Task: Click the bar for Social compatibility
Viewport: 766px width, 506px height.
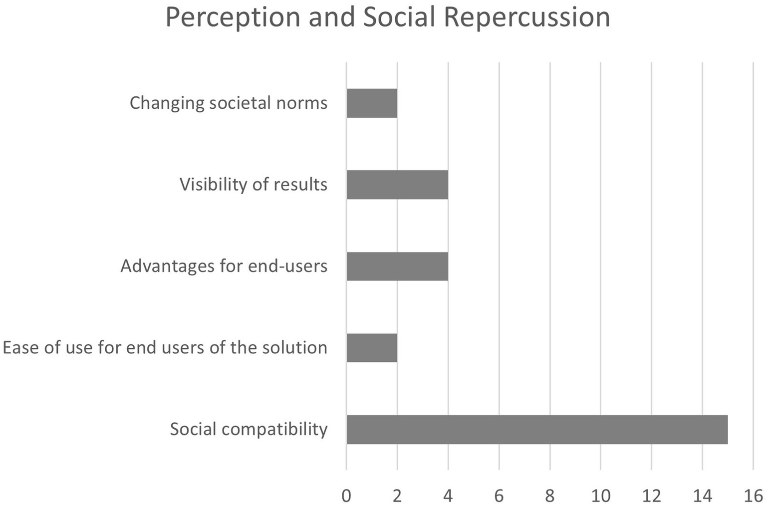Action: coord(537,429)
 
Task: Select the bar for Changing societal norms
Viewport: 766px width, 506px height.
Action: coord(372,103)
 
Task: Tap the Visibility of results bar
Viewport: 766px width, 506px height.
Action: coord(397,185)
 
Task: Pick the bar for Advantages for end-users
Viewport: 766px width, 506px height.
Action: coord(397,266)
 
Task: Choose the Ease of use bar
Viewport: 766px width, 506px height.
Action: coord(372,348)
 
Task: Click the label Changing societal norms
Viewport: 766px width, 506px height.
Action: coord(229,103)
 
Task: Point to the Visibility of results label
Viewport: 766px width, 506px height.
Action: coord(254,185)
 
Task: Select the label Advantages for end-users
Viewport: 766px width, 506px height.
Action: coord(224,266)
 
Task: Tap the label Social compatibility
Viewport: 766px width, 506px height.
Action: coord(249,429)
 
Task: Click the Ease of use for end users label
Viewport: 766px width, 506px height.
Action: coord(165,348)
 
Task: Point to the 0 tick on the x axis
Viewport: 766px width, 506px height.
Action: coord(346,496)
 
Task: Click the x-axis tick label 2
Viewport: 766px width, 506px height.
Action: coord(397,496)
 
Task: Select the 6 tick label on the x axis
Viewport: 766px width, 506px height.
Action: coord(499,496)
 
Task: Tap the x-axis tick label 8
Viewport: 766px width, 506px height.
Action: coord(550,496)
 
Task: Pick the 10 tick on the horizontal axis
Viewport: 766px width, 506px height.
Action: coord(601,496)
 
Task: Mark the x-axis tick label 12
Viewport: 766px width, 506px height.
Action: coord(652,496)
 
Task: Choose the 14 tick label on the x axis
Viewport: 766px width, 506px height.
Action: coord(703,496)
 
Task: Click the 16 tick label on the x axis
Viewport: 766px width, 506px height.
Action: coord(753,496)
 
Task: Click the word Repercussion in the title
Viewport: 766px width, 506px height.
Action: coord(526,18)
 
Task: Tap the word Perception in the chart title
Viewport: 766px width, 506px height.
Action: coord(233,18)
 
